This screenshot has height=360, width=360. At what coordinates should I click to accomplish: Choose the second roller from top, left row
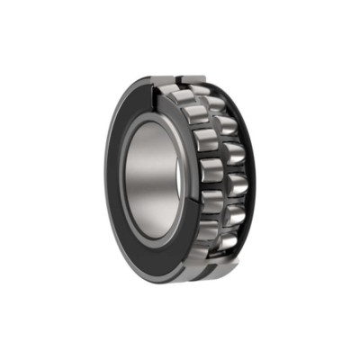197,114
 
